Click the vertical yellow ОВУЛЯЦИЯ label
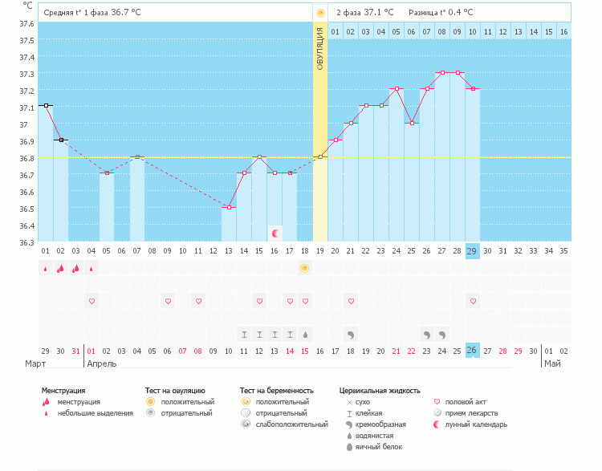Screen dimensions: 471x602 pos(319,48)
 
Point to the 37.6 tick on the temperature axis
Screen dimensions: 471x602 pos(27,23)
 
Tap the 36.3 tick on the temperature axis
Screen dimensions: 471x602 pos(27,242)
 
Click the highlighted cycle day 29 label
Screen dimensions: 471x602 pos(472,251)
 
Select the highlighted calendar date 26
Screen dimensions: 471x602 pos(472,350)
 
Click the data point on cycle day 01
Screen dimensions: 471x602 pos(46,105)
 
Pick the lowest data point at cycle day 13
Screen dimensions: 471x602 pos(229,207)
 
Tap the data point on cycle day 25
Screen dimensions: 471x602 pos(411,123)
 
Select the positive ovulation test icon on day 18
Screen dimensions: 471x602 pos(304,268)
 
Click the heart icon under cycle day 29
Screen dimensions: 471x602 pos(473,301)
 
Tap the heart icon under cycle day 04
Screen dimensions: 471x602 pos(92,301)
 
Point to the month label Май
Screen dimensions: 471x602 pos(552,363)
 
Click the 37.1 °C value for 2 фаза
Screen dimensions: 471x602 pos(379,13)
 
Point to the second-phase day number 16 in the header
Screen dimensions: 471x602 pos(563,31)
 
